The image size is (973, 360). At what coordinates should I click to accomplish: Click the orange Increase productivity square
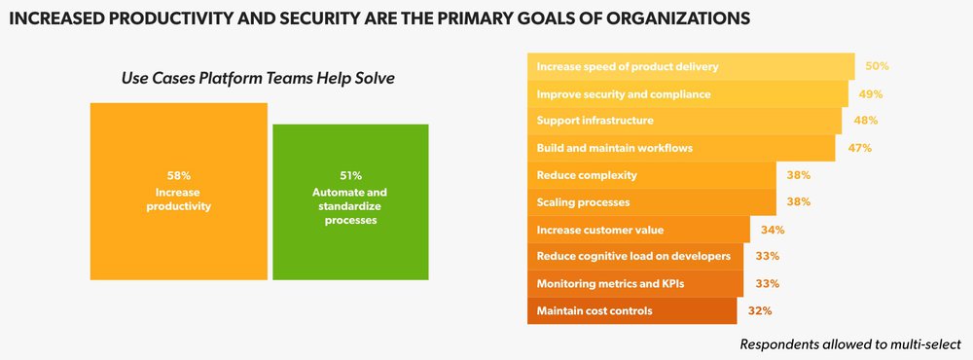[178, 192]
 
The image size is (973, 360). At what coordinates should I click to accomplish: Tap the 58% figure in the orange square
[178, 175]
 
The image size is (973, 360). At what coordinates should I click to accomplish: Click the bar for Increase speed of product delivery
[691, 66]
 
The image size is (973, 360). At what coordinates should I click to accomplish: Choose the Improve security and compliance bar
[687, 93]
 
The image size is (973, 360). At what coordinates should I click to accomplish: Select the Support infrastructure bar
[684, 121]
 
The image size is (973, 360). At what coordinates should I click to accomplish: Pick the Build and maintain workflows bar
[681, 148]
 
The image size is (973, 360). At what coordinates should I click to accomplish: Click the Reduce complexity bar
[651, 175]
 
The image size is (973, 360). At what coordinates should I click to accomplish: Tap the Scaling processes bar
[651, 202]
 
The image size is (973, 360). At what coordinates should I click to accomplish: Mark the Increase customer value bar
[638, 230]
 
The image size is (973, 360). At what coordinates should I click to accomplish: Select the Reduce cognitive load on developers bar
[635, 257]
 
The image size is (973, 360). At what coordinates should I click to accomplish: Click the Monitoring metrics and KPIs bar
[635, 284]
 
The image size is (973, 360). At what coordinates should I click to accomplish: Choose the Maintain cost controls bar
[632, 311]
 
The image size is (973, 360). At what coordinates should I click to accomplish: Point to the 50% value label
[878, 66]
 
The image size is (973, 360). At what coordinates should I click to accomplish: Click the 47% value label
[859, 148]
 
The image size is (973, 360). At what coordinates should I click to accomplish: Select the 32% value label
[761, 311]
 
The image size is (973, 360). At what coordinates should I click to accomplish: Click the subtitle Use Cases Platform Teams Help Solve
[258, 79]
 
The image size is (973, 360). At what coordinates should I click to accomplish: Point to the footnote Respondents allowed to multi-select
[850, 344]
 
